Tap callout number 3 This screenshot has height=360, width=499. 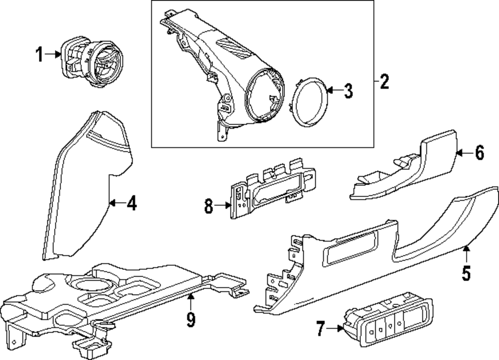pos(347,91)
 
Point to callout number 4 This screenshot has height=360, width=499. pos(131,203)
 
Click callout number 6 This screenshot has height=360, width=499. pos(479,153)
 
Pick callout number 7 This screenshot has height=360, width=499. pos(320,329)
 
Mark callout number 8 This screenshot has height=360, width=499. pos(209,206)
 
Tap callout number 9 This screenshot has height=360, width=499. pos(191,318)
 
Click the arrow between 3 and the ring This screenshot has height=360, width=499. pos(335,91)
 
